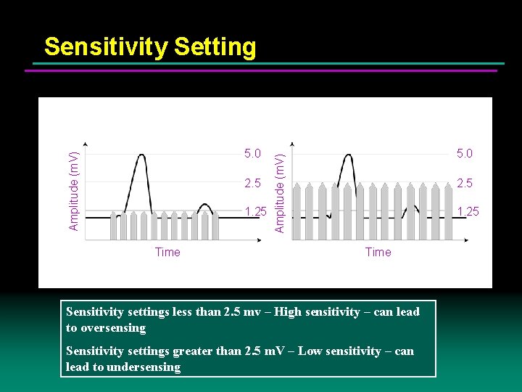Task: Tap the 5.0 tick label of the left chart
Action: [252, 153]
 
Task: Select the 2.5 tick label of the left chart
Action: [252, 182]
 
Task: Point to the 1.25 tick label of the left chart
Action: [255, 211]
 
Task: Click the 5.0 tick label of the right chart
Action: [464, 153]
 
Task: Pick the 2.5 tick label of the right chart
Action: [464, 182]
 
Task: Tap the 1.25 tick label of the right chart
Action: [467, 211]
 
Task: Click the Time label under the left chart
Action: [167, 252]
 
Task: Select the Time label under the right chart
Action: [378, 252]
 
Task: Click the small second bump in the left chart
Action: [205, 206]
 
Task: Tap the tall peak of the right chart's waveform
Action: [349, 155]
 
